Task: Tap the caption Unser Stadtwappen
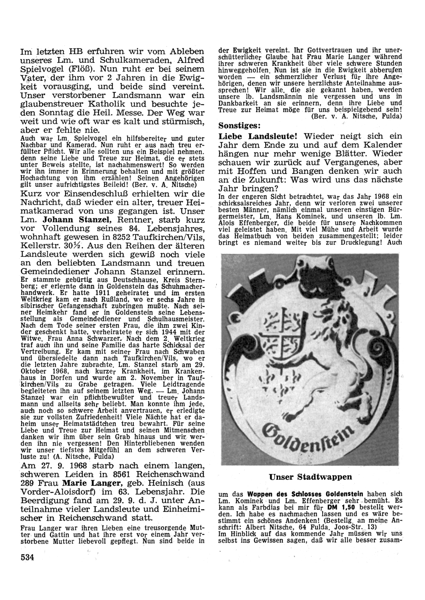tap(311, 477)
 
